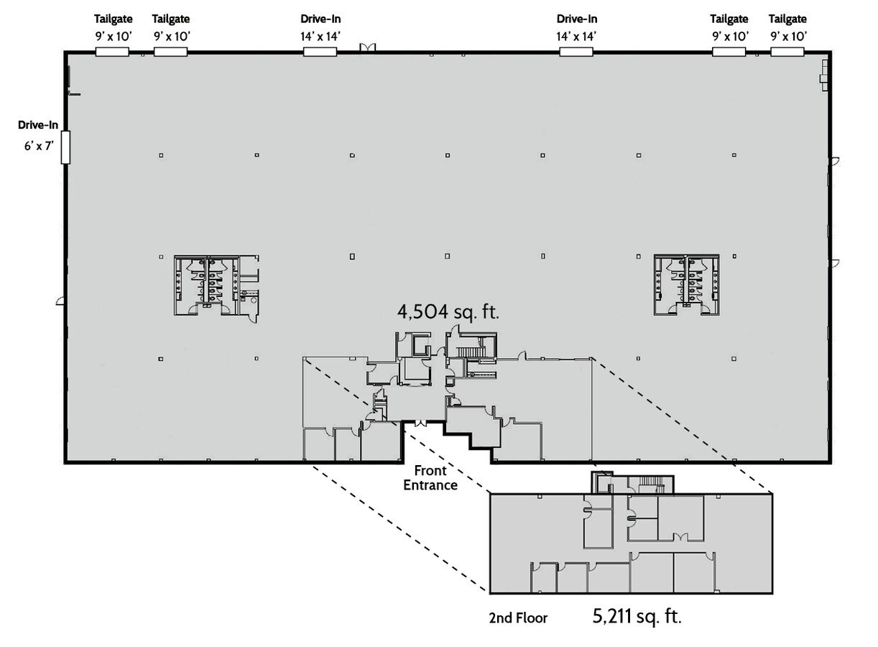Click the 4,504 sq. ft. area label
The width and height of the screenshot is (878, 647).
[448, 311]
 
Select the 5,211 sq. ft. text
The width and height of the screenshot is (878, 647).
[637, 616]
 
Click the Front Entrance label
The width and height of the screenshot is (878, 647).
[430, 478]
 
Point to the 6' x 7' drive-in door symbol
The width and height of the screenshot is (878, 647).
[65, 147]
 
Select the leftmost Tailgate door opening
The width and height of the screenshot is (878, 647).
[112, 51]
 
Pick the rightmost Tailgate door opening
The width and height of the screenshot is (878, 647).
[787, 51]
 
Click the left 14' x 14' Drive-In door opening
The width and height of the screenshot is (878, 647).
[320, 51]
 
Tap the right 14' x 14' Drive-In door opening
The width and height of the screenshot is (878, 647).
[576, 51]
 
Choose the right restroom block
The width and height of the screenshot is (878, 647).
[686, 284]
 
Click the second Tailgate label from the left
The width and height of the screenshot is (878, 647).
[171, 19]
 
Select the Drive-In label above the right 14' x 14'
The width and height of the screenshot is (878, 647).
[576, 19]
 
